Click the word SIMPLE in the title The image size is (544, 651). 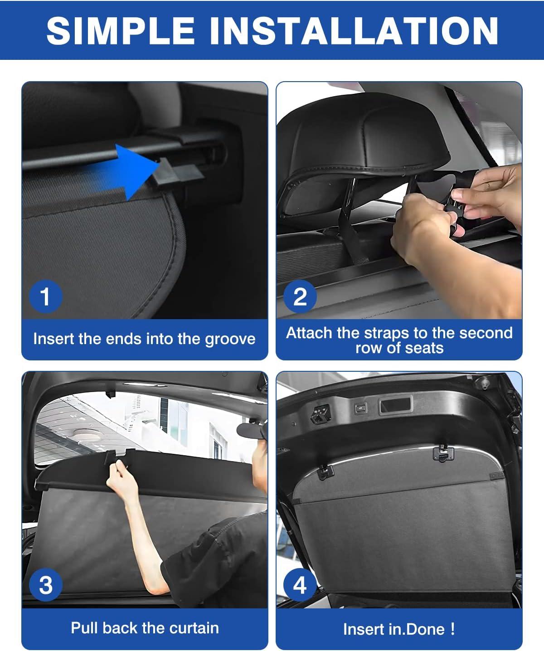tap(121, 30)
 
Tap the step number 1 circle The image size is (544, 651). tap(45, 296)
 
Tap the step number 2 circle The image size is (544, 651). tap(300, 296)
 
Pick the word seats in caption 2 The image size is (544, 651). tap(424, 348)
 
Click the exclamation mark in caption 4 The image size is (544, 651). tap(452, 629)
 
